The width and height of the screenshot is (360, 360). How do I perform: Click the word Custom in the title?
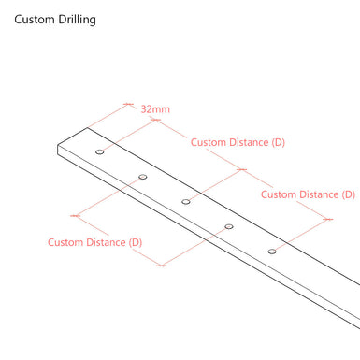[35, 20]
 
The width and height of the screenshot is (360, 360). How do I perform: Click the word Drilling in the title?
[77, 20]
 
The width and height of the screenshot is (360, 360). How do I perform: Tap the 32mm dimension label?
[155, 109]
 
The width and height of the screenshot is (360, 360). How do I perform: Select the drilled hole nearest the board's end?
[100, 151]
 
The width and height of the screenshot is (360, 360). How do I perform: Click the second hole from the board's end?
[143, 176]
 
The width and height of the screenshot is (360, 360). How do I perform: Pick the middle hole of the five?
[186, 201]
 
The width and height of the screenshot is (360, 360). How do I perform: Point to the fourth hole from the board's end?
[229, 226]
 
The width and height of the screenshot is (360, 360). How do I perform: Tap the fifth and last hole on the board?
[272, 251]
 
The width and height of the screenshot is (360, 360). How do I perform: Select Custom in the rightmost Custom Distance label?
[278, 194]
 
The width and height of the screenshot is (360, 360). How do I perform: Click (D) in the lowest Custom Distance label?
[135, 243]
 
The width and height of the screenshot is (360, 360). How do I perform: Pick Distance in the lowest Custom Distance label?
[106, 243]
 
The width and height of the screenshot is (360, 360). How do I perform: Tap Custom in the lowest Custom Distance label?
[67, 243]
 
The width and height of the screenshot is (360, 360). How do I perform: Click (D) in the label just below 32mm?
[277, 143]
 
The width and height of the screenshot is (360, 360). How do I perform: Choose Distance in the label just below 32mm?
[248, 143]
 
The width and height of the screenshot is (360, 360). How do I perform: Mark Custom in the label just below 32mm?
[209, 143]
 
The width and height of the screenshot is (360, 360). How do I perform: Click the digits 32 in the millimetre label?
[148, 109]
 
